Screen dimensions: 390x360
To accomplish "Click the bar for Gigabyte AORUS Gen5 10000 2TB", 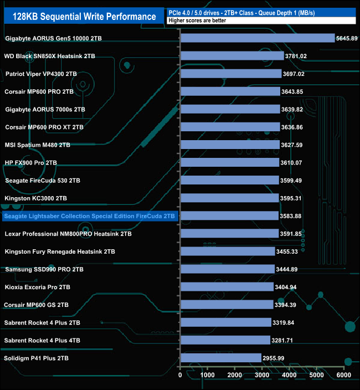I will pos(258,38).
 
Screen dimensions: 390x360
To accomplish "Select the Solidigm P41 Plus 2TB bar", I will pos(220,358).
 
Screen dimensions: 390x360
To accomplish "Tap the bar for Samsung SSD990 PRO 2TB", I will pos(227,269).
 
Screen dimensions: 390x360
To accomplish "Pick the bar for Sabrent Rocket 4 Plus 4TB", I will pos(225,340).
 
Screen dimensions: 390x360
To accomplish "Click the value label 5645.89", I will pos(347,38).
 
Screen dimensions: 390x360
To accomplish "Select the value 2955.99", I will pos(273,358).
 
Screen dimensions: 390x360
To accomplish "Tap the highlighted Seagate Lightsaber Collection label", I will pos(90,216).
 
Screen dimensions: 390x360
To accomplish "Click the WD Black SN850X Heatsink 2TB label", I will pos(49,56).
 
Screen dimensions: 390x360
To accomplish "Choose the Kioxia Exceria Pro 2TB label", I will pos(38,287).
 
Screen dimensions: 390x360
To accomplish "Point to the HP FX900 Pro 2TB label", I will pos(31,162).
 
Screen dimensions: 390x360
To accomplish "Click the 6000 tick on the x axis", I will pos(343,376).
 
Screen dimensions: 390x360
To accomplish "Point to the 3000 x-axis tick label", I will pos(262,376).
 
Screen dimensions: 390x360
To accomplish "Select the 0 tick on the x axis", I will pos(181,376).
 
